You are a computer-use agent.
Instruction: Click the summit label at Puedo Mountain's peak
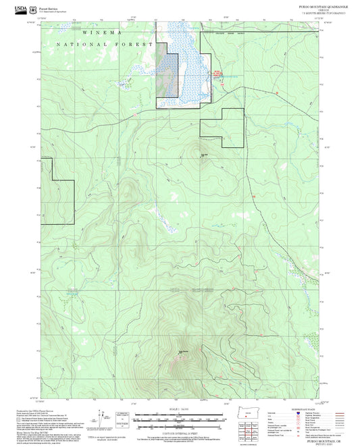click(x=183, y=350)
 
